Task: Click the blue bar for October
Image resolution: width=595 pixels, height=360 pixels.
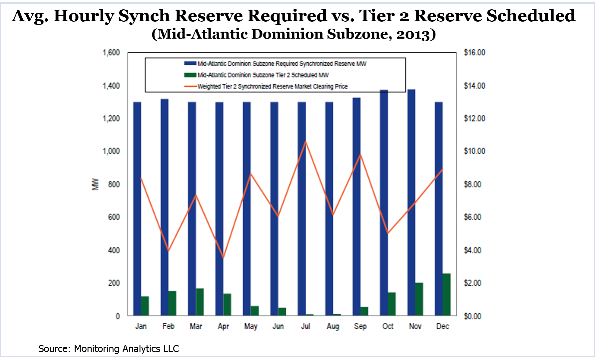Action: click(x=384, y=203)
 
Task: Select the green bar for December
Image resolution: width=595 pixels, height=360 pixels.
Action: click(x=446, y=294)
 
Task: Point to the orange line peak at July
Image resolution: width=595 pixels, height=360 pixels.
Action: click(x=305, y=142)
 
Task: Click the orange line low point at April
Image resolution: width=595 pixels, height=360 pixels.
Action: click(x=223, y=257)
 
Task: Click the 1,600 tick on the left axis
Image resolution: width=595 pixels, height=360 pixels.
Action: click(x=111, y=53)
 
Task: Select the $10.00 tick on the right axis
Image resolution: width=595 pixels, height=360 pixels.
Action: click(x=474, y=151)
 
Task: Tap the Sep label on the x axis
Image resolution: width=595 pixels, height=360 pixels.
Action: click(x=360, y=326)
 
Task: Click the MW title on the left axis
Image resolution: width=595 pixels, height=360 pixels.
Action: click(x=95, y=184)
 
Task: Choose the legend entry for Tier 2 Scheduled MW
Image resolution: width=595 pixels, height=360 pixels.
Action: click(x=263, y=75)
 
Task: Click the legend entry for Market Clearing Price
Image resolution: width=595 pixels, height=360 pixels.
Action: click(x=272, y=86)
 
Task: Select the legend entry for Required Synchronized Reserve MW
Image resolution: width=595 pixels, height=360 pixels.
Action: click(x=282, y=64)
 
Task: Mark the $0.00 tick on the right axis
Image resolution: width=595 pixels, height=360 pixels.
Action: click(x=472, y=316)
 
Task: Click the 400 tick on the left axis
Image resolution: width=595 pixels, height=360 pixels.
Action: click(x=114, y=250)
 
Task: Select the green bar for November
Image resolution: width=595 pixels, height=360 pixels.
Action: click(x=419, y=299)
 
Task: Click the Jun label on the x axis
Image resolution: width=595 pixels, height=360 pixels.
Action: click(x=278, y=326)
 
